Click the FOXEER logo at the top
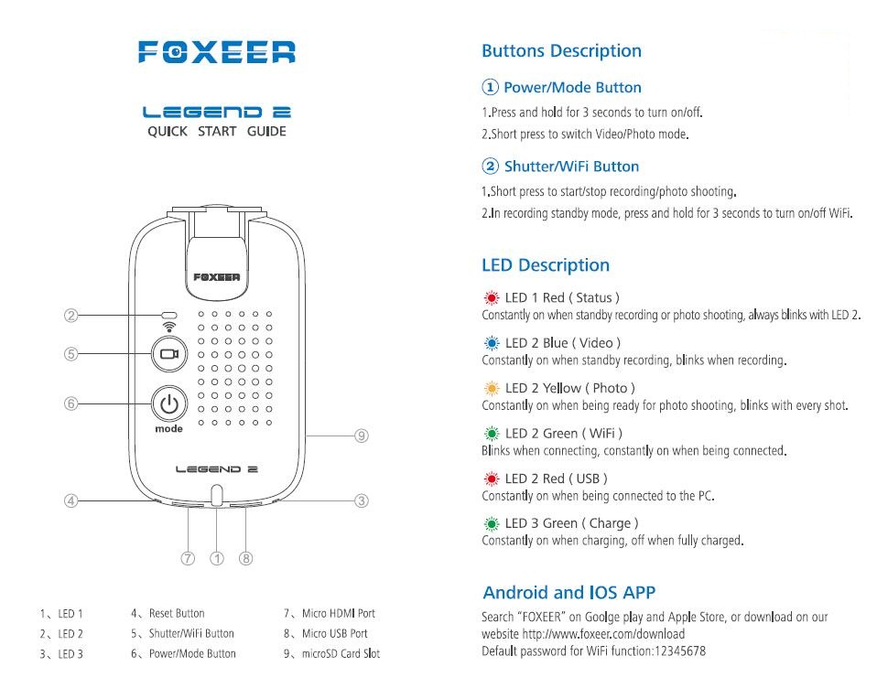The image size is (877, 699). (216, 52)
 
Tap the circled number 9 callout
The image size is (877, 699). (362, 436)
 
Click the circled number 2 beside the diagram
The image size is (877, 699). (71, 316)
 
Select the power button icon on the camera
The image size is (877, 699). (169, 403)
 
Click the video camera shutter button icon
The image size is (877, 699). (169, 354)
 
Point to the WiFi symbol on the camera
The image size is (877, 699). (169, 327)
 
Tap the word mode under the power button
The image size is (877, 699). (169, 429)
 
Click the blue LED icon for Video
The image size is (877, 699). (492, 343)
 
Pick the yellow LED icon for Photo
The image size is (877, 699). (492, 388)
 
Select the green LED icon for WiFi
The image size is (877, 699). (492, 434)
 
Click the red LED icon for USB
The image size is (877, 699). (492, 479)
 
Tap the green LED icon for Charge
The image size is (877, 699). (492, 524)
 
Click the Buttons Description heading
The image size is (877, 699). (561, 51)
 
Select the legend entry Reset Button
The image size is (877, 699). (177, 613)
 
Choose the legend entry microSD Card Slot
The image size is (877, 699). (341, 653)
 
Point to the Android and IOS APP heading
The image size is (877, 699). (568, 592)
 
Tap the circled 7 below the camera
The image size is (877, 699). (188, 558)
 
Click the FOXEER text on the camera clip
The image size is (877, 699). (216, 277)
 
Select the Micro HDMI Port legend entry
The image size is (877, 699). (339, 613)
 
